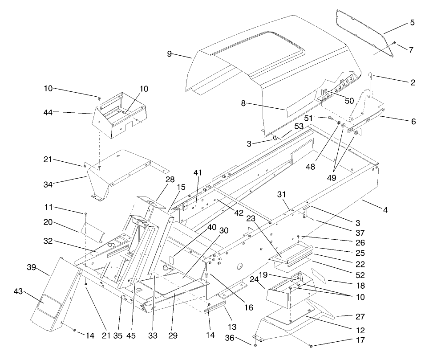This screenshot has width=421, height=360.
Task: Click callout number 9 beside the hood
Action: [x=170, y=54]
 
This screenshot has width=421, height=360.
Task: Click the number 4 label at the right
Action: [x=385, y=209]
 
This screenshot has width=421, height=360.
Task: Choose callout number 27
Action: [x=360, y=317]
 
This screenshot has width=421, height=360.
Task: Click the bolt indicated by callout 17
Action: [x=311, y=346]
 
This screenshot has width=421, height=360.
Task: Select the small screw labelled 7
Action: [x=394, y=43]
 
